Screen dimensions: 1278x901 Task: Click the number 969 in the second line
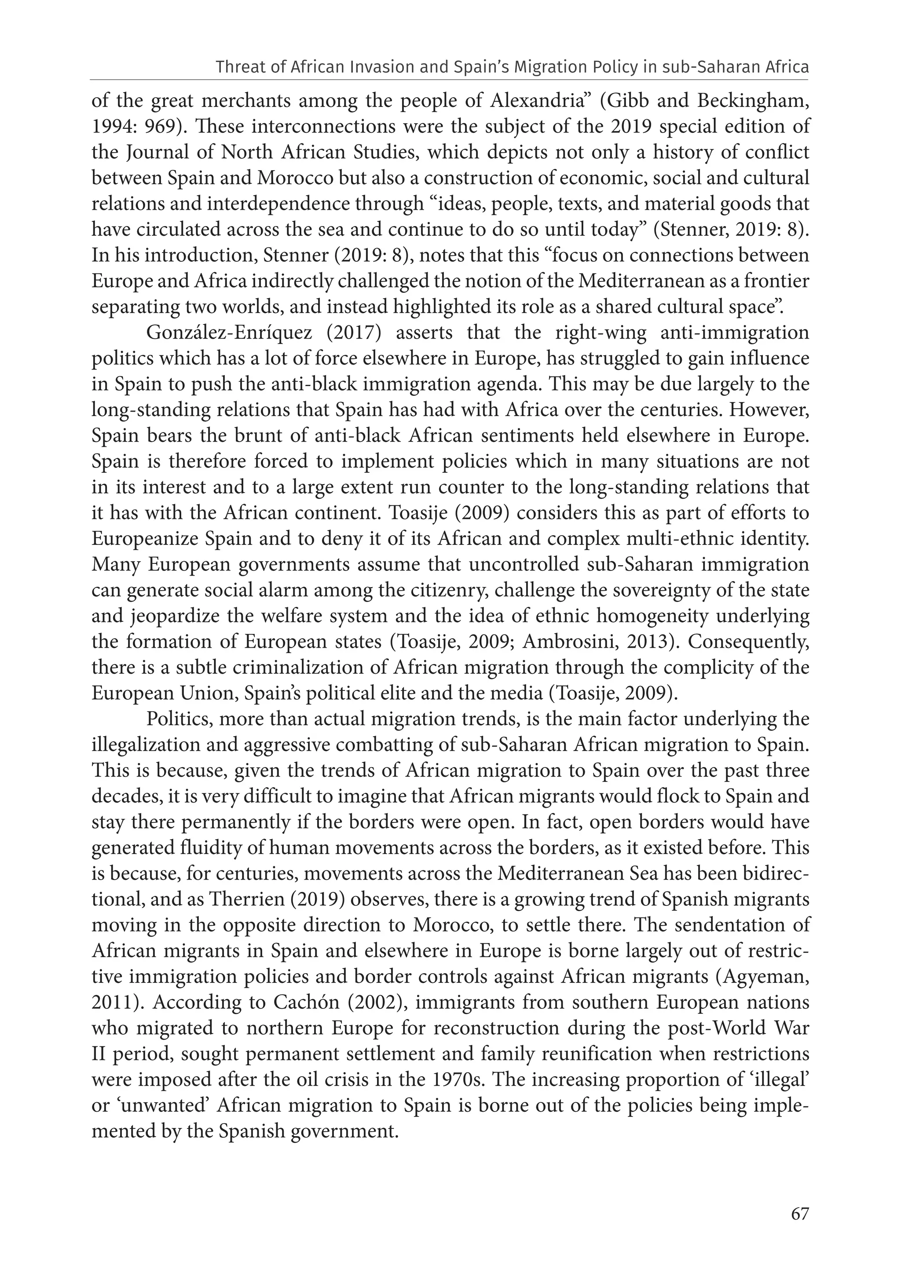tap(157, 127)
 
